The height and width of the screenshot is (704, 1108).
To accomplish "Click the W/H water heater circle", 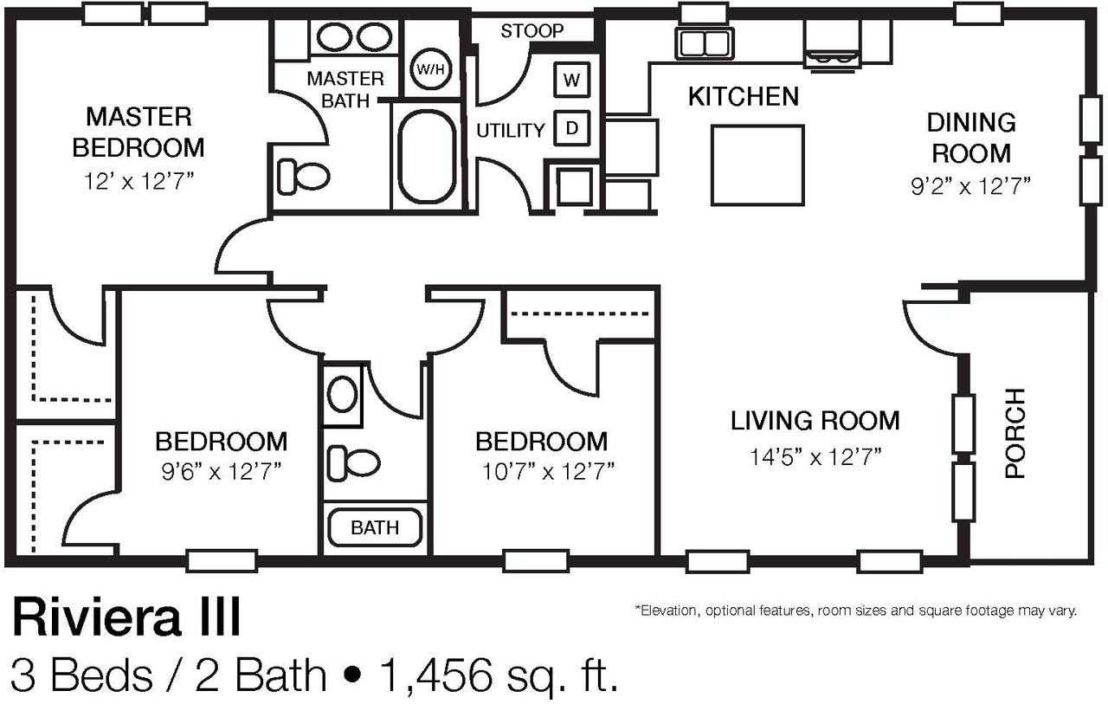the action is tap(431, 68).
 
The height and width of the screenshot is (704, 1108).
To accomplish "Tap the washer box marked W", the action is tap(572, 80).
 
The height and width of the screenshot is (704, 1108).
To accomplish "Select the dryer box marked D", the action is tap(572, 128).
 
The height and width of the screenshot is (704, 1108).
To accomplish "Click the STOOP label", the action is tap(532, 30).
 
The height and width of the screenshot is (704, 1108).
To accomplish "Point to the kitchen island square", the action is tap(757, 165).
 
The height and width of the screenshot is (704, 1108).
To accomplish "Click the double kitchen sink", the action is tap(705, 43).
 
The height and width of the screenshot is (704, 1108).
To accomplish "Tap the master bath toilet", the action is tap(303, 176).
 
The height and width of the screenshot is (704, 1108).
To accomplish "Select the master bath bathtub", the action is tap(428, 157).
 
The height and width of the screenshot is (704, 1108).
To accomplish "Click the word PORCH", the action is tap(1015, 433).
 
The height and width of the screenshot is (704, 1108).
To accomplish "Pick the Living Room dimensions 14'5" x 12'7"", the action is tap(815, 456).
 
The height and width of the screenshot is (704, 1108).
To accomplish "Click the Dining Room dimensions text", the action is tap(971, 186).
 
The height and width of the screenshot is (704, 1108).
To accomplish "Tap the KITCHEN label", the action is tap(744, 96).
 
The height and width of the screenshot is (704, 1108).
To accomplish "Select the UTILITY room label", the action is tap(511, 131).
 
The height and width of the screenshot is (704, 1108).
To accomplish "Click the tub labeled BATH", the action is tap(375, 528).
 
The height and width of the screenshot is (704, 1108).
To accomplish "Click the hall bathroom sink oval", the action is tap(342, 394).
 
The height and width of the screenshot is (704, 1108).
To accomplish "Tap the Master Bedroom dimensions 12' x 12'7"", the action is tap(138, 182).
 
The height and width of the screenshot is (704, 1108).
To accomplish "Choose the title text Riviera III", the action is tap(126, 617).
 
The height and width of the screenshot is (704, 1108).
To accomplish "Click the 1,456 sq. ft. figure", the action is tap(499, 675).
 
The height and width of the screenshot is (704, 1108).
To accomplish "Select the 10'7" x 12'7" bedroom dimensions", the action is tap(548, 471).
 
